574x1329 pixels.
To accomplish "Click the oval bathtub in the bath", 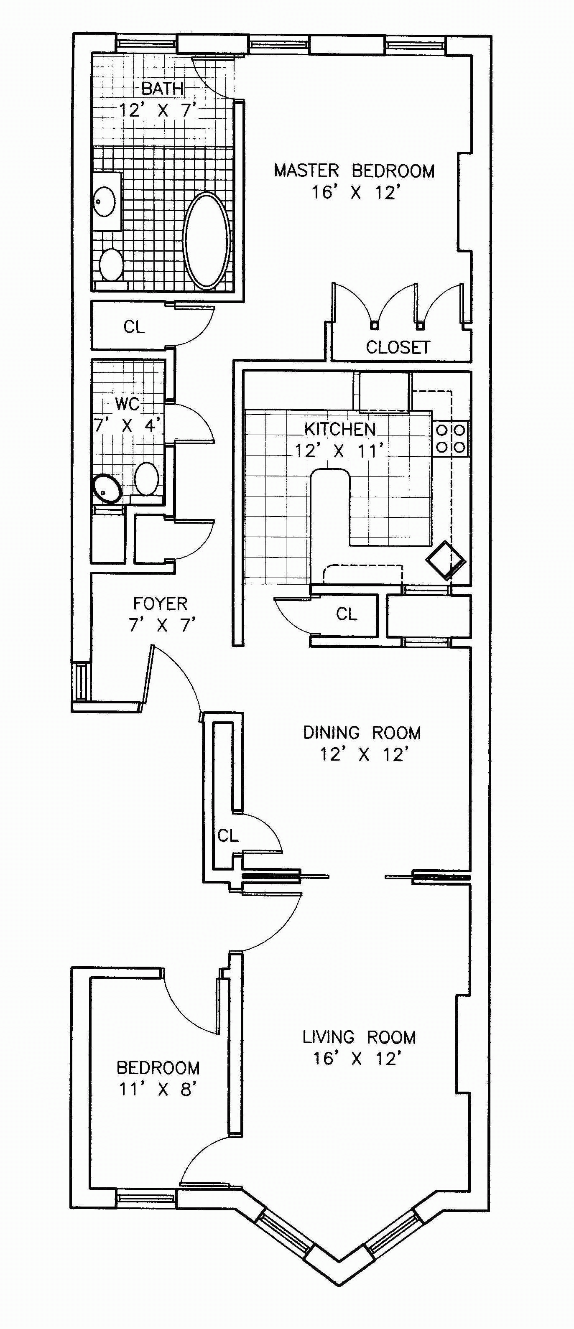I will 207,239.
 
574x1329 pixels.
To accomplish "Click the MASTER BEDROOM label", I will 354,170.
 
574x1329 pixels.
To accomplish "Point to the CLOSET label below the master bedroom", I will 398,347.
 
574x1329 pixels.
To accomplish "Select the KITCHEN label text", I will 339,429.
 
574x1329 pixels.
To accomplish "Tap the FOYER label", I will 160,603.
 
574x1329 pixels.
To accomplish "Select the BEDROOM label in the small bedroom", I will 158,1067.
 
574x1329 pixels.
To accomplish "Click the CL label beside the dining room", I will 228,835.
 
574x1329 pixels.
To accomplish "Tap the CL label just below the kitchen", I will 346,614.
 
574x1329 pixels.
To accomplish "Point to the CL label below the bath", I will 134,326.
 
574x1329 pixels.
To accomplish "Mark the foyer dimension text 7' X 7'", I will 162,625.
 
